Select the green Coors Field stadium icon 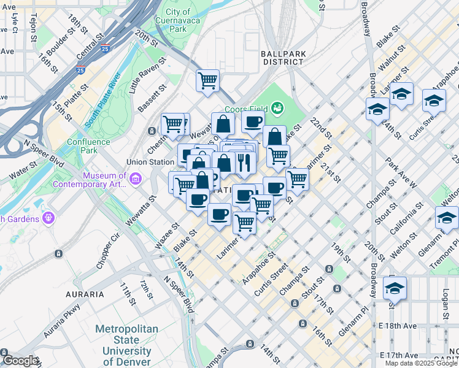pos(277,109)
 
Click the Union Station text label pos(150,163)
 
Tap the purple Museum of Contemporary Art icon pos(136,178)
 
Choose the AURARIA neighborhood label pos(85,294)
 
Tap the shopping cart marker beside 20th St pos(208,80)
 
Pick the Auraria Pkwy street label pos(61,322)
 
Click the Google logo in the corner pos(20,361)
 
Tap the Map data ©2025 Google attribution pos(421,363)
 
